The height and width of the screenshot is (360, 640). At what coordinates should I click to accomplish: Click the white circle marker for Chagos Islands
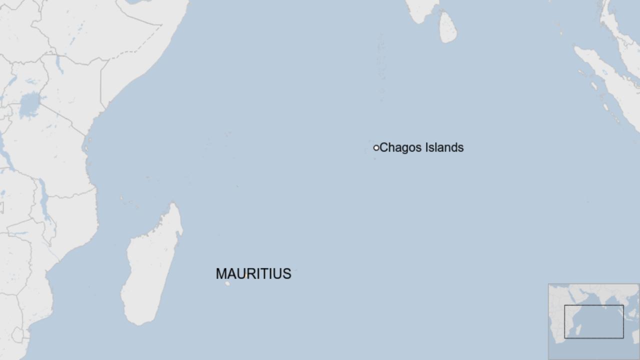point(376,147)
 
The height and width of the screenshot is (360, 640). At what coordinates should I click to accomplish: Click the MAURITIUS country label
point(253,274)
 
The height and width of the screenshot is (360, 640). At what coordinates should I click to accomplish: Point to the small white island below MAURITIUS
point(227,283)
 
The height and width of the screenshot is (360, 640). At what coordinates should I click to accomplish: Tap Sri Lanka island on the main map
point(447,27)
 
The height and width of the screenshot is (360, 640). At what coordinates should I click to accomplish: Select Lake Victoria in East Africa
point(30,105)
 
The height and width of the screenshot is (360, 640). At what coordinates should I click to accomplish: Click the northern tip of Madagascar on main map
point(173,204)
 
